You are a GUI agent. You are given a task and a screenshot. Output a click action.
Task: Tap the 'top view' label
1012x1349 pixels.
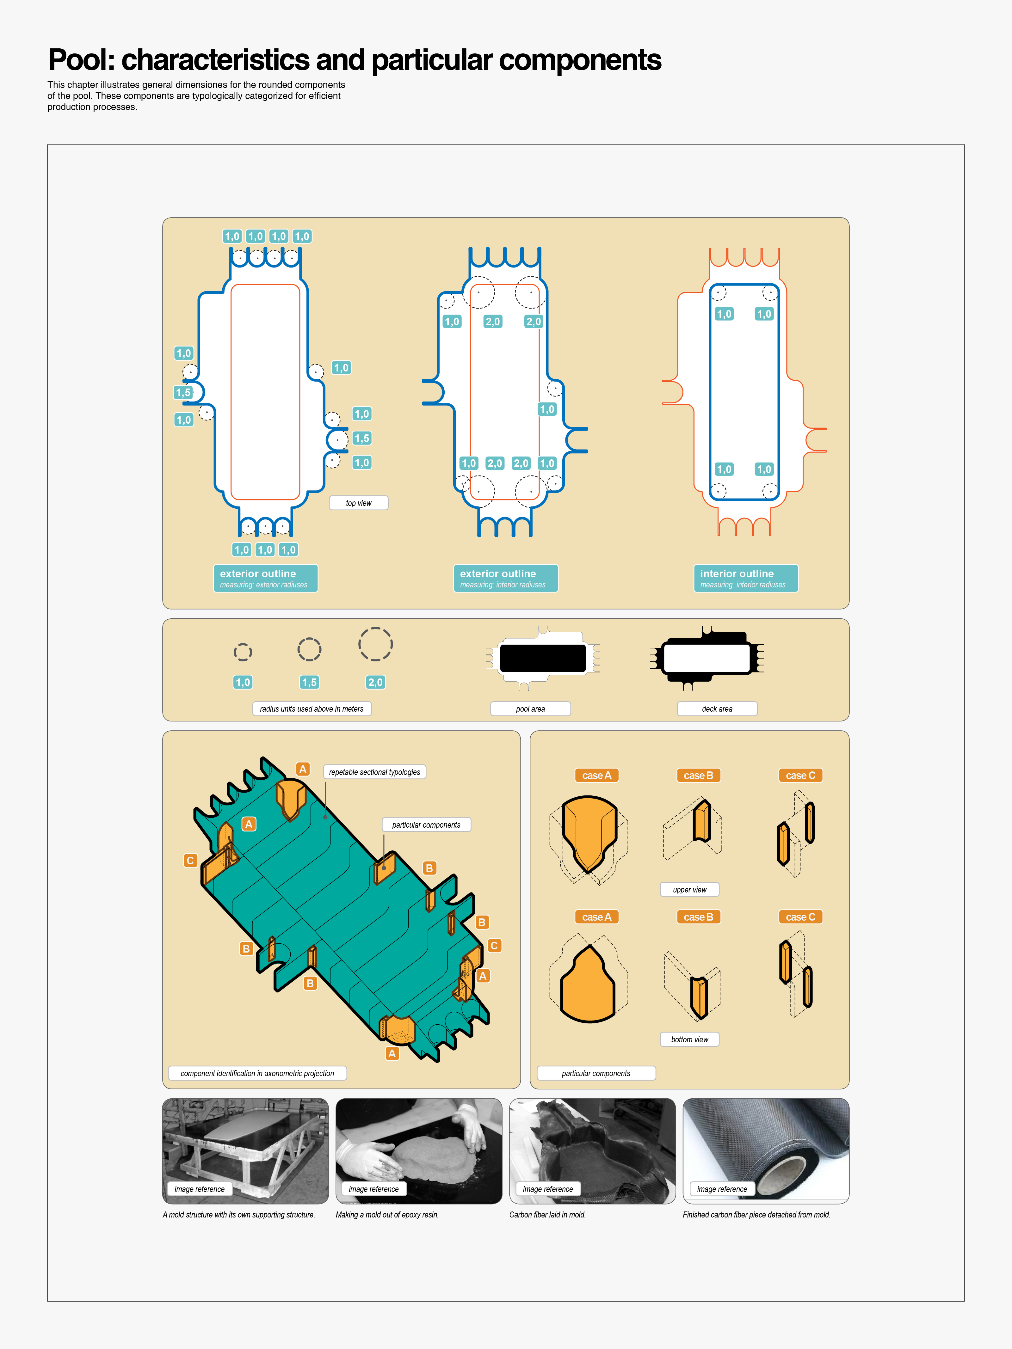point(359,503)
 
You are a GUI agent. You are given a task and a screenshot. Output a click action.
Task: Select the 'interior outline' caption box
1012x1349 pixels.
point(745,578)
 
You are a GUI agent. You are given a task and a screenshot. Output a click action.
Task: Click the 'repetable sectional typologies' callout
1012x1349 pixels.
point(374,772)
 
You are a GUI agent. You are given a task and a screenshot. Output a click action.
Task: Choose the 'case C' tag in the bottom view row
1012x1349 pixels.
point(800,917)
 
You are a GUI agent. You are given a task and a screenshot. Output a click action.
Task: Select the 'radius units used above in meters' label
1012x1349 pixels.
point(312,709)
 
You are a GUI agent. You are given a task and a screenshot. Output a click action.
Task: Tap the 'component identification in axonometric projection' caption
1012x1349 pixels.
point(257,1073)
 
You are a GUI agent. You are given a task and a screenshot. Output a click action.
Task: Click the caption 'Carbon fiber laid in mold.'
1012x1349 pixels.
point(548,1215)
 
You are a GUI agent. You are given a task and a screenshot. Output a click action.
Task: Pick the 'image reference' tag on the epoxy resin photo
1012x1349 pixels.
point(373,1189)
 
